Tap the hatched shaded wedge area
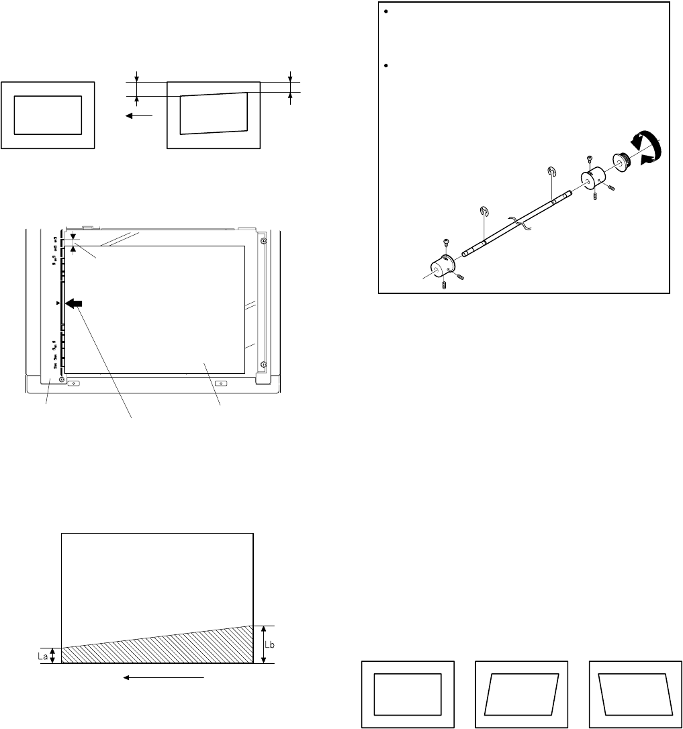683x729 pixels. click(x=186, y=648)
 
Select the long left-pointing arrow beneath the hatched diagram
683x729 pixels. click(x=163, y=678)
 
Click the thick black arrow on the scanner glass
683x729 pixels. click(x=73, y=303)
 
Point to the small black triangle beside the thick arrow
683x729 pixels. click(x=58, y=303)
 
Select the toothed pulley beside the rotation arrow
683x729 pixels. click(x=621, y=161)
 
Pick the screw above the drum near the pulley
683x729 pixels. click(x=589, y=159)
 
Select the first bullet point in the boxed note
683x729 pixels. click(x=386, y=11)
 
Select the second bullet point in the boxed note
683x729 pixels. click(x=386, y=66)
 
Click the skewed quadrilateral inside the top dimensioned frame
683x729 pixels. click(x=214, y=113)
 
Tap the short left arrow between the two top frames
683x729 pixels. click(x=139, y=115)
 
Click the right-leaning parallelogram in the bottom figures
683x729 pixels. click(x=522, y=693)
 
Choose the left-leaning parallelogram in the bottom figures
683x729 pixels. click(x=635, y=693)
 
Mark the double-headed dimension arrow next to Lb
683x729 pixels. click(x=264, y=644)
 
